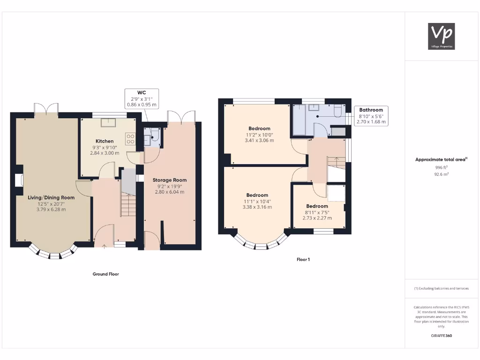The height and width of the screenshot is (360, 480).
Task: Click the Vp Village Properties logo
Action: tap(442, 36)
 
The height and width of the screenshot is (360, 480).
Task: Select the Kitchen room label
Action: tap(105, 141)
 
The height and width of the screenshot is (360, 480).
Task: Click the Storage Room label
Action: tap(169, 180)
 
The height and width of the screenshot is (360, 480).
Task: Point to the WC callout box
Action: tap(142, 99)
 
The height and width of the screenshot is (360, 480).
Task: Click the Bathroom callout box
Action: tap(371, 116)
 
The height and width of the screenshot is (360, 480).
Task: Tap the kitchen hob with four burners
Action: tap(130, 139)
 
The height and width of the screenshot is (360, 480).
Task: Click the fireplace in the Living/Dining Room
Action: tap(19, 180)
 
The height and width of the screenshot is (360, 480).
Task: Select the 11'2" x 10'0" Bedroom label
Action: tap(259, 128)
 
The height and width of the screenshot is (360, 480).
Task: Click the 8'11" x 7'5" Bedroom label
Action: tap(317, 206)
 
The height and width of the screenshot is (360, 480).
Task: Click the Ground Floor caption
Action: tap(105, 274)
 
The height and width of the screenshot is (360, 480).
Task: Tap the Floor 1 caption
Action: tap(303, 259)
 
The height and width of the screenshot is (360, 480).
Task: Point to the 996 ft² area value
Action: tap(441, 167)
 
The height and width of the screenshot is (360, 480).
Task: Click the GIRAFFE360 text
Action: tap(441, 336)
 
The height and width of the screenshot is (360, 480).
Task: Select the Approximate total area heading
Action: tap(441, 159)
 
